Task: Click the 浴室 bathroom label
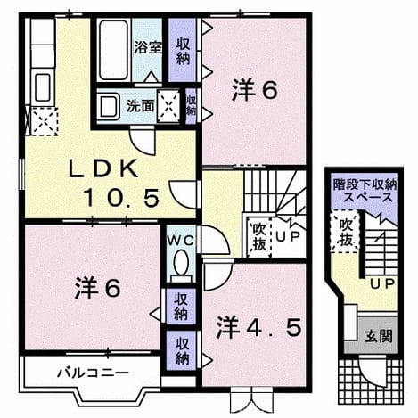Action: point(148,47)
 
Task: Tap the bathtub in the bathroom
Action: point(113,50)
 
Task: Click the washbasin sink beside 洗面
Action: point(108,106)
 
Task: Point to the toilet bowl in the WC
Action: point(181,263)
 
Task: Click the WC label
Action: point(181,241)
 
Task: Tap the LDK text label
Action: point(103,168)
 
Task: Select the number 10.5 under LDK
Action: point(121,199)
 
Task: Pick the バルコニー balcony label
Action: point(93,372)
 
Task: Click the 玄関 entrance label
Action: point(379,336)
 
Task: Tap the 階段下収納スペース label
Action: point(365,191)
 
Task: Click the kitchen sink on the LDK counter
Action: point(43,88)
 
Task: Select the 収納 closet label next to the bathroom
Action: point(183,51)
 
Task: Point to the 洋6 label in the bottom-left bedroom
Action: point(98,287)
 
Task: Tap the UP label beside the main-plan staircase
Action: point(288,235)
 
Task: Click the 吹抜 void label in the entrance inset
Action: point(346,233)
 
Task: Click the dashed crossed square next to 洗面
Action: point(168,106)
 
